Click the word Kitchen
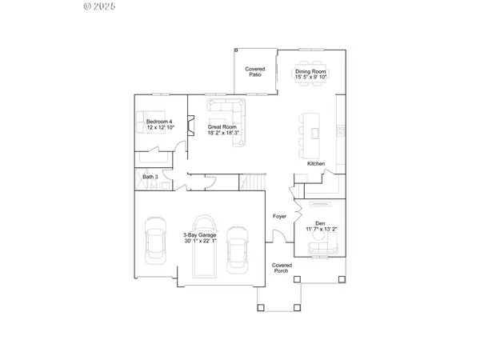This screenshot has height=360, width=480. point(316,164)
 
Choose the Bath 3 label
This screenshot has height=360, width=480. point(150,177)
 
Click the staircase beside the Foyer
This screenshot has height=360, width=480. point(253,182)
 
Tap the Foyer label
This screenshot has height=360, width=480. point(280,216)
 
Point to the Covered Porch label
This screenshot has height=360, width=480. point(281,268)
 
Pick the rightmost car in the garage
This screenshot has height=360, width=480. point(236,249)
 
